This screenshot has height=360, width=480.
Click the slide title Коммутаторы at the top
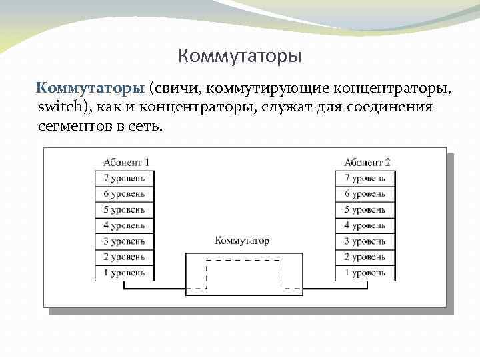[x=240, y=55]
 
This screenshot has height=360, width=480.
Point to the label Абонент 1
[x=125, y=162]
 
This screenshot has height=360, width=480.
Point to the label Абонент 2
[x=367, y=162]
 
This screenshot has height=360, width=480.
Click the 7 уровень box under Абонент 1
[x=125, y=178]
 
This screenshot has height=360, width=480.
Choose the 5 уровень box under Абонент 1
[x=125, y=209]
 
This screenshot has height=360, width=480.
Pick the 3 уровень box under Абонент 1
[x=125, y=241]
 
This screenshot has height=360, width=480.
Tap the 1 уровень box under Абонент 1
[x=125, y=272]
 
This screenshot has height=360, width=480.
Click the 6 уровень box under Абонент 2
[x=365, y=193]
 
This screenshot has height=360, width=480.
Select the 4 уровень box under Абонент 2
[x=365, y=225]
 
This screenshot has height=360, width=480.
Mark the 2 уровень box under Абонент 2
[x=365, y=257]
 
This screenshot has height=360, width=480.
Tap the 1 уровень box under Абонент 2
[x=365, y=272]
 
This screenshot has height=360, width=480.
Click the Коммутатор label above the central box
[x=243, y=241]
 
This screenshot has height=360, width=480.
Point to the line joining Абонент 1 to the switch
[x=154, y=289]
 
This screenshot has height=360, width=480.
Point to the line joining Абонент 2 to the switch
[x=333, y=289]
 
